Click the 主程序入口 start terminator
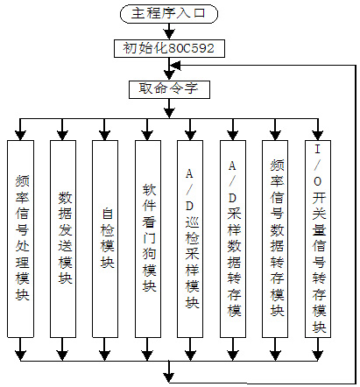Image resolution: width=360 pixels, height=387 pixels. coord(169,14)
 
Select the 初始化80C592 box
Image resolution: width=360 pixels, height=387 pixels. coord(169,48)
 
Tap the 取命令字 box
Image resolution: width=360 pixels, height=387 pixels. coord(169,89)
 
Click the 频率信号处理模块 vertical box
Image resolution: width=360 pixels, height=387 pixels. coord(20,239)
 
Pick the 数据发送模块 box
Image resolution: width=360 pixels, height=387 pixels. coord(63,239)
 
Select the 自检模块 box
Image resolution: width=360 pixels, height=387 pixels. coord(105,239)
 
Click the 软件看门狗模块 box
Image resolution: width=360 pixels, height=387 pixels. coord(148,239)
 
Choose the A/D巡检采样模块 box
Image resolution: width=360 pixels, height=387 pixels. coord(190,239)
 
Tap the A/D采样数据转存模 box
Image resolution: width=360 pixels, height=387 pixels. coord(233,239)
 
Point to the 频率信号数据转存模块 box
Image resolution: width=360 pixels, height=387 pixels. coord(275,239)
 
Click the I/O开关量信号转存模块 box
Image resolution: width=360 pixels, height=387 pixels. coord(318,239)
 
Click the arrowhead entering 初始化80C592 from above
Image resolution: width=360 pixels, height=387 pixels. coord(169,35)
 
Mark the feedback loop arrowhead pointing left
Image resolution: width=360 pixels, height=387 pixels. coord(175,66)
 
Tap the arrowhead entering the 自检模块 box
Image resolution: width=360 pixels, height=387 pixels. coord(105,135)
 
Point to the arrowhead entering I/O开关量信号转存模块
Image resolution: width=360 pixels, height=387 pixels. coord(318,135)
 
